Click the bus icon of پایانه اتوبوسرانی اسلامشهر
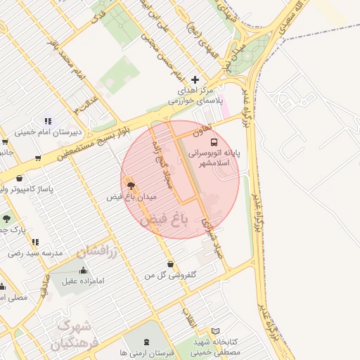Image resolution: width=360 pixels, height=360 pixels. coord(214,139)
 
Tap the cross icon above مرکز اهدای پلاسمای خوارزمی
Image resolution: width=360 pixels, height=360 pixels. coord(195,79)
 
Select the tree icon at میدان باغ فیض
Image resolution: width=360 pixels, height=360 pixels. coord(130,185)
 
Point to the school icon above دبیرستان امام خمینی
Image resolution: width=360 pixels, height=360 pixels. coord(48,121)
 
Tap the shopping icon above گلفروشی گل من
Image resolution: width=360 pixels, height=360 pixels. coord(170,264)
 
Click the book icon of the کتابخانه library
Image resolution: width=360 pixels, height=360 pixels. coord(215,330)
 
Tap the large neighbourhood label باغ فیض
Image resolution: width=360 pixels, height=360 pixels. coord(165,220)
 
